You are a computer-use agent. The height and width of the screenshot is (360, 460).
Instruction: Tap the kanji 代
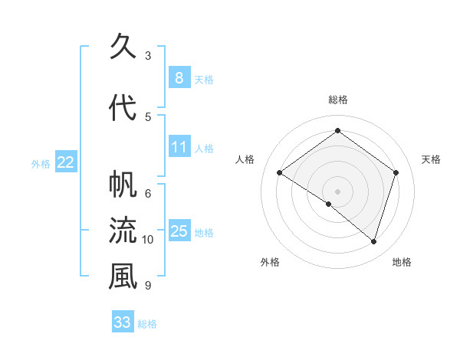(x=123, y=107)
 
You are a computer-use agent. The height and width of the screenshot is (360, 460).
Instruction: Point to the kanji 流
(x=123, y=231)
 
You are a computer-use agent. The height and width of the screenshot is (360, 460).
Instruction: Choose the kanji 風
(x=123, y=277)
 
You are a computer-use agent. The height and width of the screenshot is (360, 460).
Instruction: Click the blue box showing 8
(x=179, y=77)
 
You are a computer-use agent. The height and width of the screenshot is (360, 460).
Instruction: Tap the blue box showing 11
(x=179, y=146)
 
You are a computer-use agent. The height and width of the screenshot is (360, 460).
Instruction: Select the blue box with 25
(x=179, y=231)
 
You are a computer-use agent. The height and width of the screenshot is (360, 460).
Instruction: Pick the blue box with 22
(x=66, y=162)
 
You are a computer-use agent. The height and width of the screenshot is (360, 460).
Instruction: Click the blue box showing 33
(x=123, y=322)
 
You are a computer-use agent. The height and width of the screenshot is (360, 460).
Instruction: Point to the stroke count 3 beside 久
(x=148, y=56)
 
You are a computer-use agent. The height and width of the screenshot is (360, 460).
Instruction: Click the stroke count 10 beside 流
(x=148, y=240)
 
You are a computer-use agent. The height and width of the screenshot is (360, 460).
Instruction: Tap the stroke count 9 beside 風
(x=148, y=286)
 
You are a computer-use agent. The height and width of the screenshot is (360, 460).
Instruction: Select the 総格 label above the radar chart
(x=337, y=100)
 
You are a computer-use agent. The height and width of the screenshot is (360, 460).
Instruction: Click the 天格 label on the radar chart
(x=431, y=159)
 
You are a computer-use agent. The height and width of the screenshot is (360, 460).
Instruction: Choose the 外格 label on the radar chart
(x=270, y=262)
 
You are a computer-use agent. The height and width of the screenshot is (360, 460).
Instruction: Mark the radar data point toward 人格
(x=280, y=172)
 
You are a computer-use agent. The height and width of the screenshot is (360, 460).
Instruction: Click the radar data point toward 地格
(x=373, y=241)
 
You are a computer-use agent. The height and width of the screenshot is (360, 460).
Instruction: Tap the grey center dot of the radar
(x=337, y=191)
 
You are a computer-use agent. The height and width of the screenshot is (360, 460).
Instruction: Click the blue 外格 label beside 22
(x=41, y=163)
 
